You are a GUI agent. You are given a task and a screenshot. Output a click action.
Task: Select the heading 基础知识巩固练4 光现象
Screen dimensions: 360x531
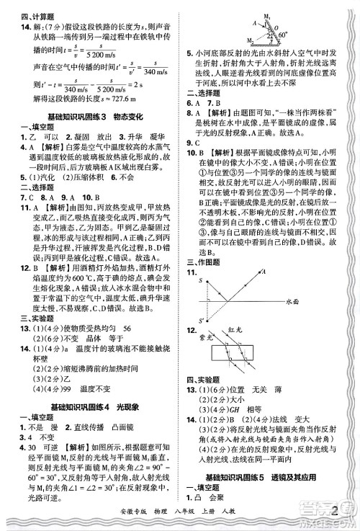point(90,407)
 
